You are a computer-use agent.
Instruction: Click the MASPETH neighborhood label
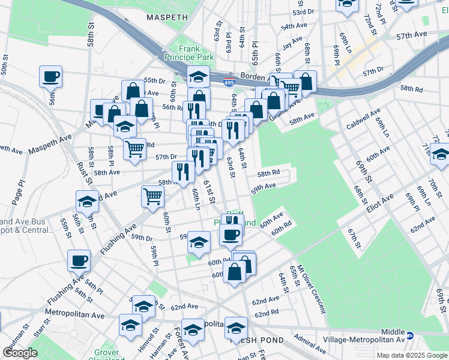(x=167, y=17)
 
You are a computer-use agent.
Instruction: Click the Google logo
(x=20, y=352)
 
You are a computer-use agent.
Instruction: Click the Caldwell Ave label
(x=363, y=119)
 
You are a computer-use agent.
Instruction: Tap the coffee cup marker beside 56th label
(x=50, y=77)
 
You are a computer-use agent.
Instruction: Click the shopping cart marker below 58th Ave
(x=153, y=196)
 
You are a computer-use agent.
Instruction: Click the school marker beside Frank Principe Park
(x=197, y=76)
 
